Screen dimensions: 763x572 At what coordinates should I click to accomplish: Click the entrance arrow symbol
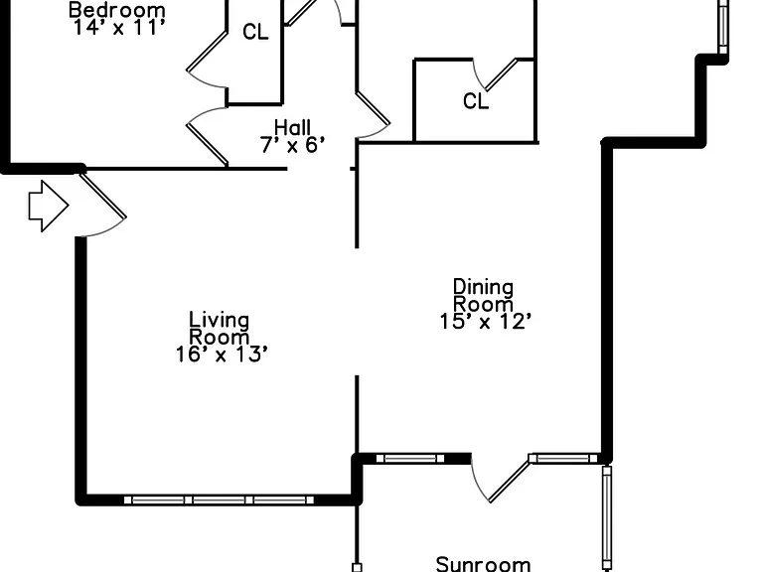49,206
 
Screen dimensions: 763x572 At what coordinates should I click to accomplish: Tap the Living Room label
219,329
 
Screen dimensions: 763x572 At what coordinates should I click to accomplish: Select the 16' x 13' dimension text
222,355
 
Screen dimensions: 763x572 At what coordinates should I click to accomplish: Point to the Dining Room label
483,295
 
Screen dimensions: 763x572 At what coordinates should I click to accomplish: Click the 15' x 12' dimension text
485,322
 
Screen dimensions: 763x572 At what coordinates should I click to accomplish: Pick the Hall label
292,127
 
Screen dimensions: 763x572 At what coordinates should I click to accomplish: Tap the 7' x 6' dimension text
292,145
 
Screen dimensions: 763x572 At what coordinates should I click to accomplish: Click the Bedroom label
117,10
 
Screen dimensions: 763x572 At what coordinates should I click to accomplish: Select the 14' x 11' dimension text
119,27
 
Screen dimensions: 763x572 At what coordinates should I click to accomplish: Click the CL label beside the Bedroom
255,32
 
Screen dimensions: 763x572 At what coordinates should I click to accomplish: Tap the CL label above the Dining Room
476,101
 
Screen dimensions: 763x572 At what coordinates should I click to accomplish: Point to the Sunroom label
483,564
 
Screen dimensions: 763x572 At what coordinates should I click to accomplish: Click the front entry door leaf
102,196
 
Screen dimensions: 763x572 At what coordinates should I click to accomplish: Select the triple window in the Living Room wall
219,500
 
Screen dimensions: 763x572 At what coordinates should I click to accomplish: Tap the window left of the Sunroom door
410,458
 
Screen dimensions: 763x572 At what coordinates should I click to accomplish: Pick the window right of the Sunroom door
563,458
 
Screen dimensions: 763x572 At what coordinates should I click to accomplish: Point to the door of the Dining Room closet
501,73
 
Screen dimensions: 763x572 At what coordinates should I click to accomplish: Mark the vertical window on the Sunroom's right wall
607,518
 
